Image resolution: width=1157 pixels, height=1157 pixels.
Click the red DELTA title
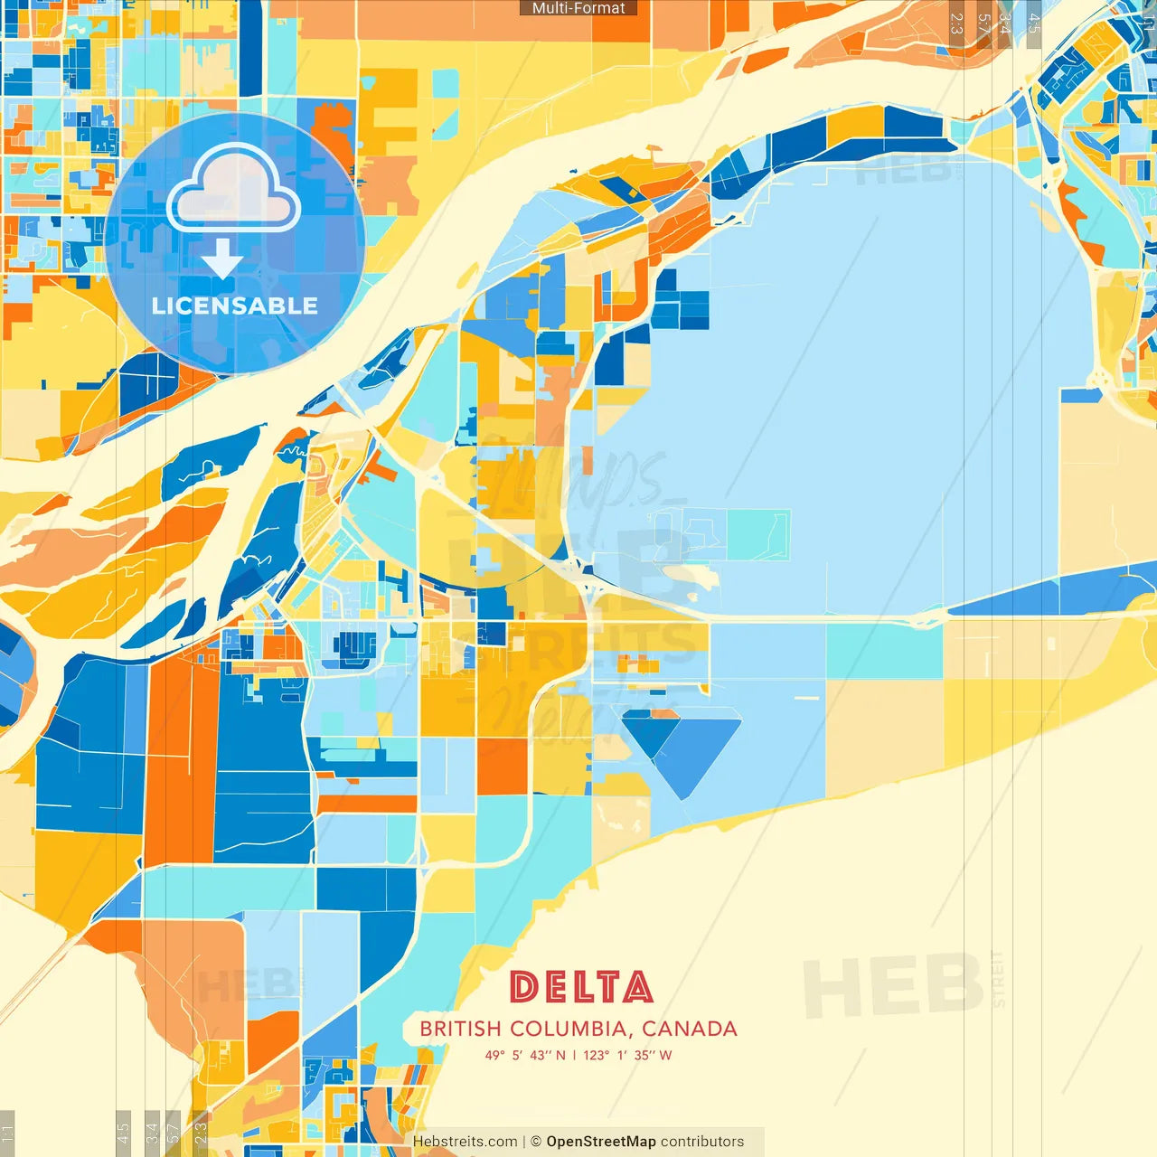(x=581, y=987)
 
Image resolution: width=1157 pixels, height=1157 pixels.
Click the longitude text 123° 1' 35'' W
(x=627, y=1055)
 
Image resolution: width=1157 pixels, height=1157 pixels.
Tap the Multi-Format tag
(x=578, y=8)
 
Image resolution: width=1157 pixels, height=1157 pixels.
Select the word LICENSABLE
(x=235, y=306)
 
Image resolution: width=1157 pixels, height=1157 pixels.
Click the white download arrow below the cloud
(x=222, y=260)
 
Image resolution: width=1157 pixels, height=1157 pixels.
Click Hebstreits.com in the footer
(x=466, y=1142)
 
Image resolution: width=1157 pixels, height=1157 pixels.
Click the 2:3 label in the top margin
(x=956, y=24)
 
